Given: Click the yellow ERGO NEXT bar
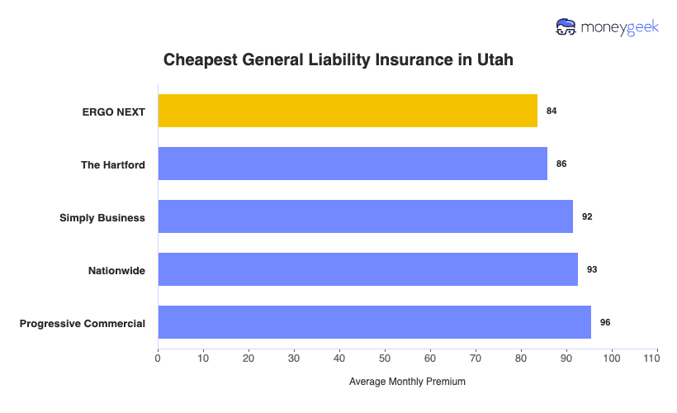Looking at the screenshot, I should (348, 111).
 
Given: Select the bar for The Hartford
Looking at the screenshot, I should (353, 164).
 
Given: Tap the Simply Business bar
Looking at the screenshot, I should (365, 216).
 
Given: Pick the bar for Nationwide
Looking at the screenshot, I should (367, 269).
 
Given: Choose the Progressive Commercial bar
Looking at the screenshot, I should (374, 322).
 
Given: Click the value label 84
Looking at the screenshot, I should (552, 111).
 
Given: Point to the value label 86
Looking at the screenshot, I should (561, 164).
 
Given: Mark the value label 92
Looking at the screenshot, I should (587, 216).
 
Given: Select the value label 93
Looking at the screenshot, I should (592, 269).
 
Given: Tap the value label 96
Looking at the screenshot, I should (605, 322).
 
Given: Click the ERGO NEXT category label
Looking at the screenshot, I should (114, 112).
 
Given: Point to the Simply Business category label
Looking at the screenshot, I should (102, 217).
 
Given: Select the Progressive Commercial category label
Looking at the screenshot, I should (83, 323).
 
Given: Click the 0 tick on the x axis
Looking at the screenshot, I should (158, 358).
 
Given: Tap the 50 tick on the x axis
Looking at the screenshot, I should (385, 358).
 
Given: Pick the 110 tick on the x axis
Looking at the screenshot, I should (657, 358).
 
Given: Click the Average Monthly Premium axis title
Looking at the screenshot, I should (407, 382).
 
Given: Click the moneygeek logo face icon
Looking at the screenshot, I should (567, 27).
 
